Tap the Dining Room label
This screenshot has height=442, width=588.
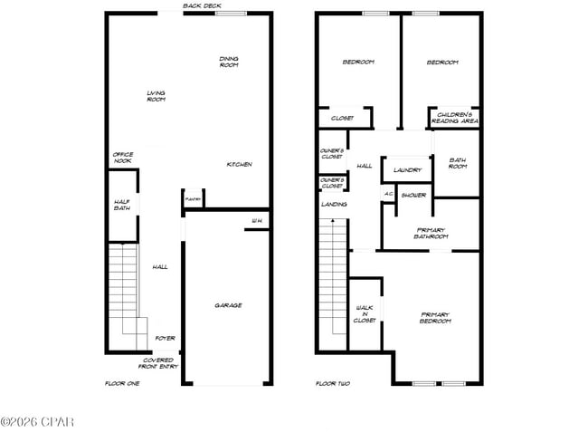point(229,62)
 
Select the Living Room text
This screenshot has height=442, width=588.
point(156,95)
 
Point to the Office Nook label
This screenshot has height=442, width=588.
point(122,158)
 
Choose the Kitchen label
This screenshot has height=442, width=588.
point(239,164)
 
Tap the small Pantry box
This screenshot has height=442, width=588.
point(193,198)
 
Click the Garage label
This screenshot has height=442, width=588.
point(228,305)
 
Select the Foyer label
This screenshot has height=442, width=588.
point(164,338)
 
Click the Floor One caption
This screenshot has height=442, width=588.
point(122,383)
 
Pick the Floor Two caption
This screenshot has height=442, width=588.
point(332,383)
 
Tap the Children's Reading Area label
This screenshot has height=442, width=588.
point(454,117)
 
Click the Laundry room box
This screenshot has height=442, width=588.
point(407,169)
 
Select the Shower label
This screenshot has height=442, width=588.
point(413,195)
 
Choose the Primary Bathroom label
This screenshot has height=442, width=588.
point(430,233)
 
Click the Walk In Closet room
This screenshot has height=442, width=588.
point(365,314)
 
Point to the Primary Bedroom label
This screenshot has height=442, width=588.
point(435,317)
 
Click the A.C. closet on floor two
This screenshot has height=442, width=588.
point(388,194)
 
